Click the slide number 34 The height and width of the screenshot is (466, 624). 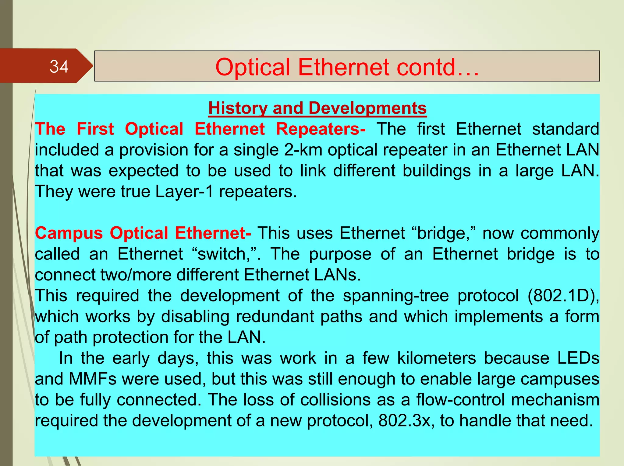pyautogui.click(x=59, y=67)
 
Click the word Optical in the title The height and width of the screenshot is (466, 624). pyautogui.click(x=253, y=67)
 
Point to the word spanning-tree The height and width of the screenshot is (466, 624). pyautogui.click(x=396, y=296)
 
